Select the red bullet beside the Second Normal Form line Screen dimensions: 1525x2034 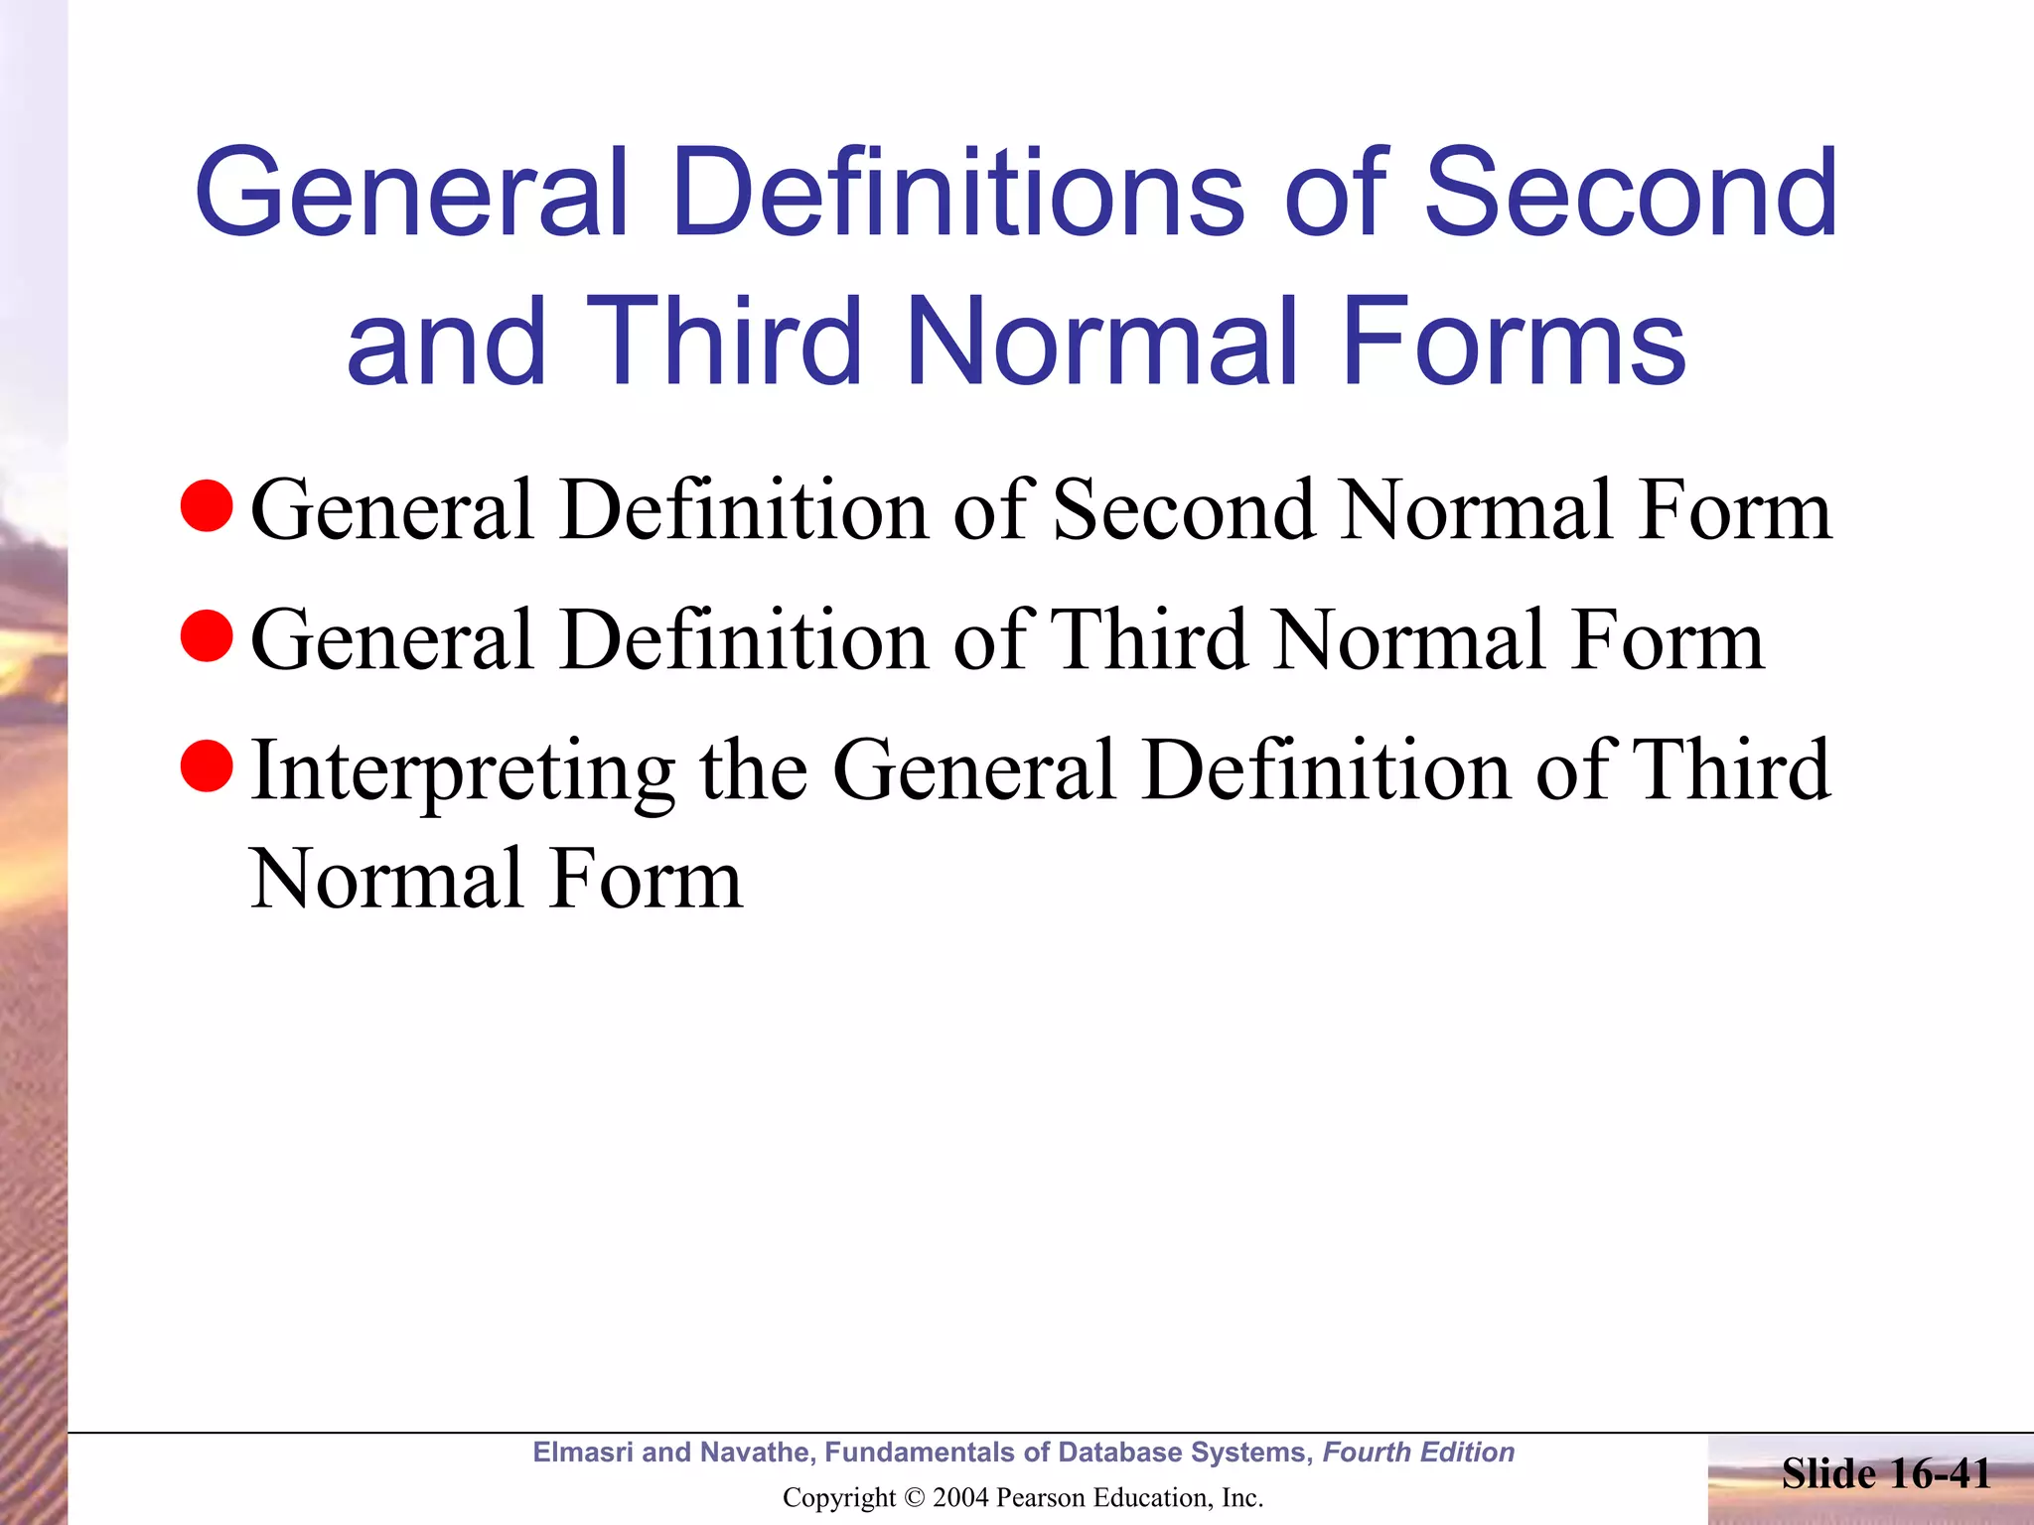click(x=207, y=505)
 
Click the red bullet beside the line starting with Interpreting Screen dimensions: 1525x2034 click(x=207, y=766)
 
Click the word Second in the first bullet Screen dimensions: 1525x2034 click(x=1183, y=510)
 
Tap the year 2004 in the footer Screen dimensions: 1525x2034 click(x=961, y=1497)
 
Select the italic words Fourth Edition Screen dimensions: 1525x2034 click(x=1418, y=1453)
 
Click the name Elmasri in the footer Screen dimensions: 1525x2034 click(x=583, y=1453)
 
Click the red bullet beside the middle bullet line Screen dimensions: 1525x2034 click(x=207, y=636)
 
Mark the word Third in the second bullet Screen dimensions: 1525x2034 click(x=1149, y=641)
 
